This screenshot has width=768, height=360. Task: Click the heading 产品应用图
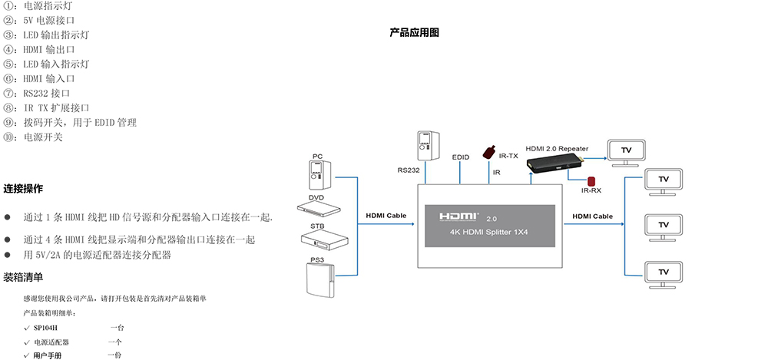pyautogui.click(x=414, y=33)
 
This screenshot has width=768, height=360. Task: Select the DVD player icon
pyautogui.click(x=316, y=207)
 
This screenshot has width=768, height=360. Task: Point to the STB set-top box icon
pyautogui.click(x=317, y=238)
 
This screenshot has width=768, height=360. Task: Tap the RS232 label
pyautogui.click(x=409, y=170)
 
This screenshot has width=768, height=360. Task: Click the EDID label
pyautogui.click(x=461, y=157)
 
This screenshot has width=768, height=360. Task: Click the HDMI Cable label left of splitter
pyautogui.click(x=386, y=216)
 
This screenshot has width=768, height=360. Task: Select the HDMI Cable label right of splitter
pyautogui.click(x=592, y=216)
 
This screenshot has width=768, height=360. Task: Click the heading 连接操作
pyautogui.click(x=23, y=188)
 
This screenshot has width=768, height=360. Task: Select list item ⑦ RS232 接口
pyautogui.click(x=46, y=94)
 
